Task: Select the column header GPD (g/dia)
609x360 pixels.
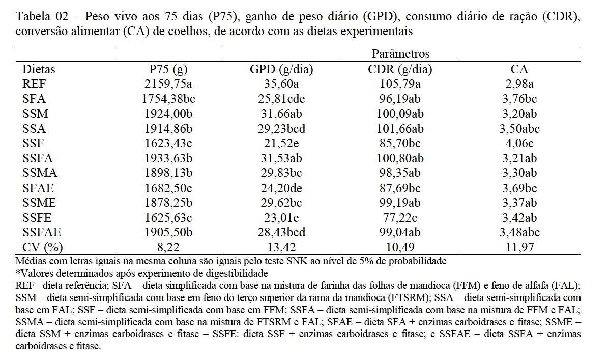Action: click(x=281, y=70)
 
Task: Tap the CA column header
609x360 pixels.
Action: click(x=519, y=70)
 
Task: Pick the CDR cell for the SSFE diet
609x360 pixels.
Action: click(x=400, y=218)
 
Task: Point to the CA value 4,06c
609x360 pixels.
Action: click(x=519, y=144)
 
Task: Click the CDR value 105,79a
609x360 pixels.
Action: click(x=400, y=84)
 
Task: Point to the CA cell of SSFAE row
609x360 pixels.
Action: click(x=519, y=232)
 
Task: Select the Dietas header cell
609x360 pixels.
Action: click(x=39, y=70)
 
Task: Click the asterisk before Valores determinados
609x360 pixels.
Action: click(x=19, y=273)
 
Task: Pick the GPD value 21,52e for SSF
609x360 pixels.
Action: click(x=281, y=144)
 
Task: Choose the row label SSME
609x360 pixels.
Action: click(x=39, y=203)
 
